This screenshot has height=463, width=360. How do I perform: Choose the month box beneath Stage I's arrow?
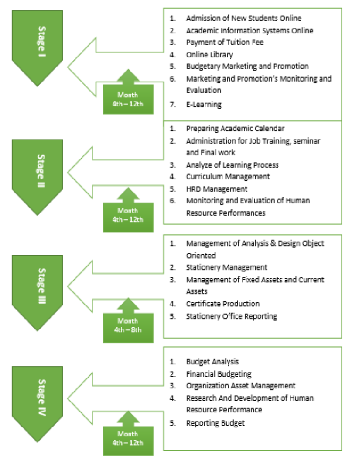pos(128,98)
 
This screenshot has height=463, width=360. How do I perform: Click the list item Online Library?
pos(209,54)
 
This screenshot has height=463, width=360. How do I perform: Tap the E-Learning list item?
pos(204,104)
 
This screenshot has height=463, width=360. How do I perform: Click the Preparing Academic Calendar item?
pos(235,128)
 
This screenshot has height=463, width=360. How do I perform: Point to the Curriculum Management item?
pos(228,176)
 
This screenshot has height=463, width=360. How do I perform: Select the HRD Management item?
pos(216,189)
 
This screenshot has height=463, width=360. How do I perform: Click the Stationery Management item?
pos(226,268)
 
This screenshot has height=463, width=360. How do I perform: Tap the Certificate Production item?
pos(222,304)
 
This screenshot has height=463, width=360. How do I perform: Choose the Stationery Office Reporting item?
pos(231,316)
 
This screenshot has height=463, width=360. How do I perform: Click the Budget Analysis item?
pos(212,362)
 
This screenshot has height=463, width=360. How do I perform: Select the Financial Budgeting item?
pos(218,374)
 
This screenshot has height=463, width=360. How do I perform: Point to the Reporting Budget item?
pos(215,423)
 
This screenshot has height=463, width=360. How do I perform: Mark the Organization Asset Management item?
pos(240,386)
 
